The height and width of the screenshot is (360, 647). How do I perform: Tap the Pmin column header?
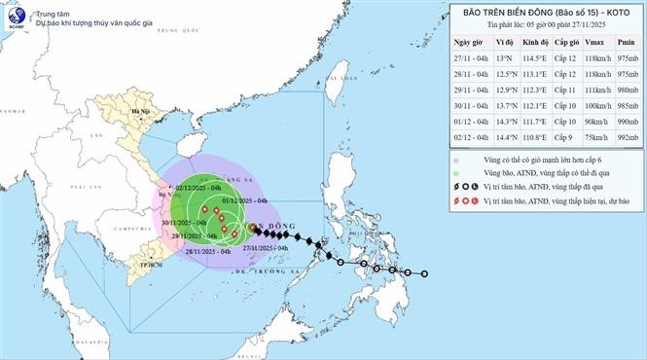(x=622, y=45)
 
